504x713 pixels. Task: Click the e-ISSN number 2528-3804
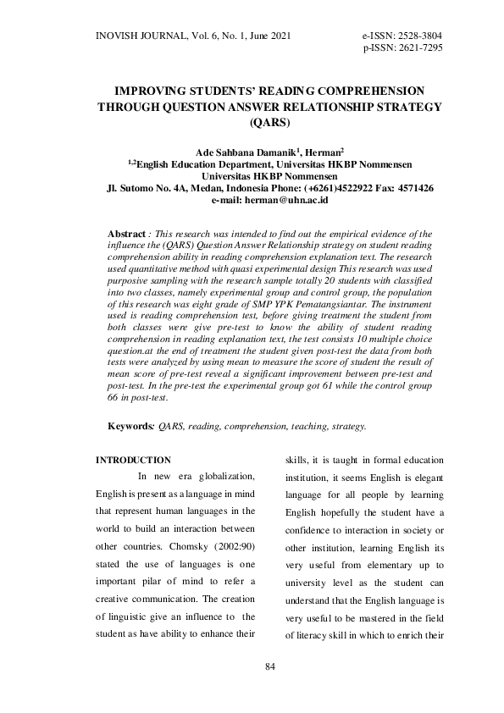pyautogui.click(x=415, y=35)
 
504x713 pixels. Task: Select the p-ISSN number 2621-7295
pyautogui.click(x=415, y=47)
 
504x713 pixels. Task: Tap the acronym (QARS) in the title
pyautogui.click(x=270, y=122)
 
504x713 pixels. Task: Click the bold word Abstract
pyautogui.click(x=126, y=233)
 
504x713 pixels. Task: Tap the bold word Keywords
pyautogui.click(x=130, y=427)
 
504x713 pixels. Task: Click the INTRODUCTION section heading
pyautogui.click(x=133, y=460)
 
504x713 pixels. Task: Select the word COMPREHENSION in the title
pyautogui.click(x=352, y=91)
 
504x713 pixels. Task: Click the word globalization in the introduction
pyautogui.click(x=225, y=478)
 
